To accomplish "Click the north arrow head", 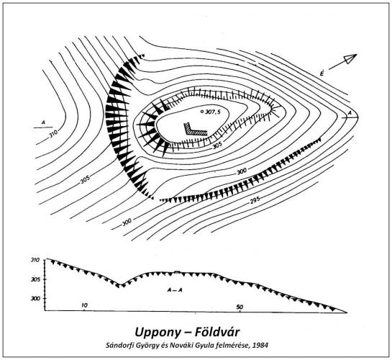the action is [x=350, y=58].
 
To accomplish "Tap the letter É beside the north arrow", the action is [x=322, y=73].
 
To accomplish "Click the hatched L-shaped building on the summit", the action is [x=193, y=130].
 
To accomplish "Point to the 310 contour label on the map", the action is [x=53, y=133].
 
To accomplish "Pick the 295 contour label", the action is [x=255, y=200].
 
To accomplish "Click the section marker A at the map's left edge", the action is [x=43, y=122].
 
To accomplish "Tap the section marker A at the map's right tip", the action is [x=350, y=113].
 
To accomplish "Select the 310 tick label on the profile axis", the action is [x=35, y=260].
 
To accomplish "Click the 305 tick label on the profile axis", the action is [x=35, y=279].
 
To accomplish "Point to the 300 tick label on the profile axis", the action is [x=35, y=298].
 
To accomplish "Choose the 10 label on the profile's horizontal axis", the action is [x=84, y=305].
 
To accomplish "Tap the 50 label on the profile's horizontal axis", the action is [x=240, y=307].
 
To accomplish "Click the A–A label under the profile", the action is [x=175, y=290].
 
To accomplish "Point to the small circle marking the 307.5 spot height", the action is [x=202, y=112].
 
